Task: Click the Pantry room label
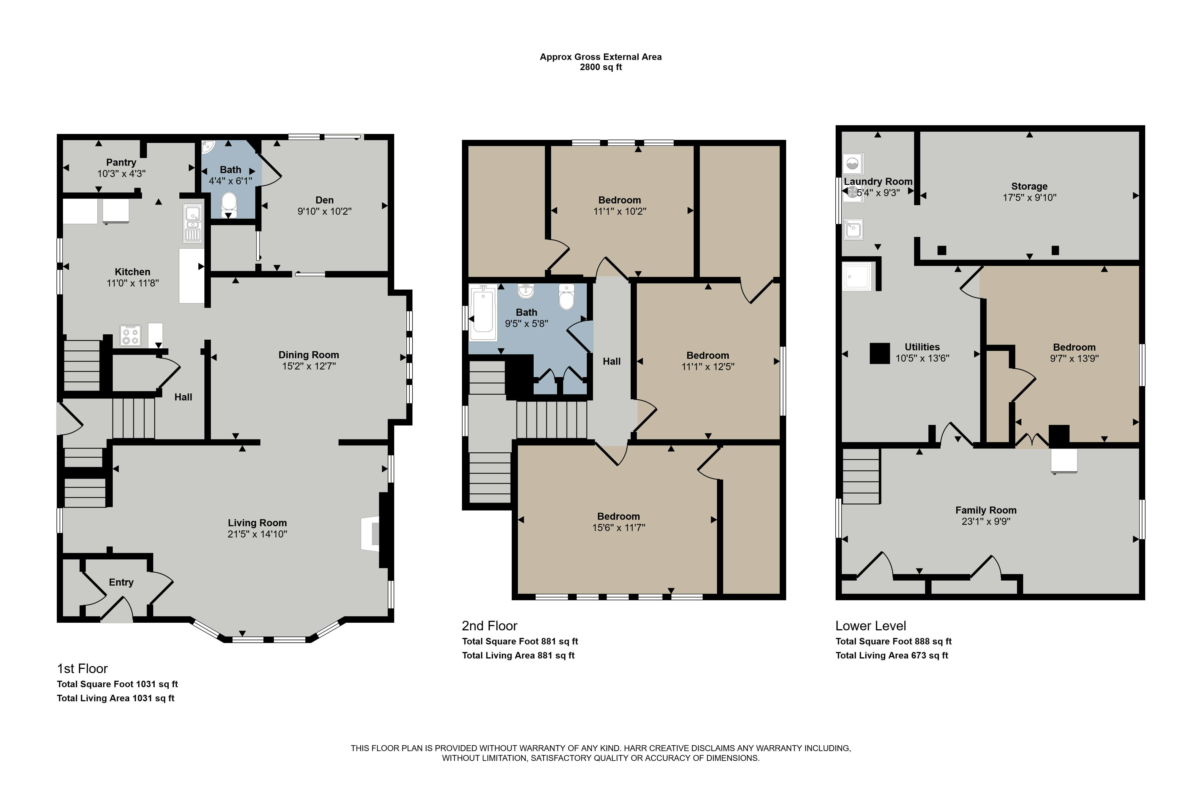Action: (x=121, y=162)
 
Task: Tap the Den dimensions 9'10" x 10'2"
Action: (x=324, y=211)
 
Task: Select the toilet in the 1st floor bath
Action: (x=229, y=203)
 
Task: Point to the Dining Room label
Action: (x=309, y=355)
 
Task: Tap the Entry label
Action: (x=121, y=582)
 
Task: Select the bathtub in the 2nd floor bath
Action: (x=483, y=313)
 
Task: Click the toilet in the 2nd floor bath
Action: (x=566, y=297)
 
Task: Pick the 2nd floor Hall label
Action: (x=612, y=361)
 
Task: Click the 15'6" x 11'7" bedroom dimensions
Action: (x=619, y=527)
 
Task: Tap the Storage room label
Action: (x=1029, y=186)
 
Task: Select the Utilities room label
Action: (x=923, y=347)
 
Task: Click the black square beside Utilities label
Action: (x=879, y=353)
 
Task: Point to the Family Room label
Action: (x=986, y=510)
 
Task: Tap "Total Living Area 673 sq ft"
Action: (x=892, y=655)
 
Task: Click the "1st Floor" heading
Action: (x=82, y=669)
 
